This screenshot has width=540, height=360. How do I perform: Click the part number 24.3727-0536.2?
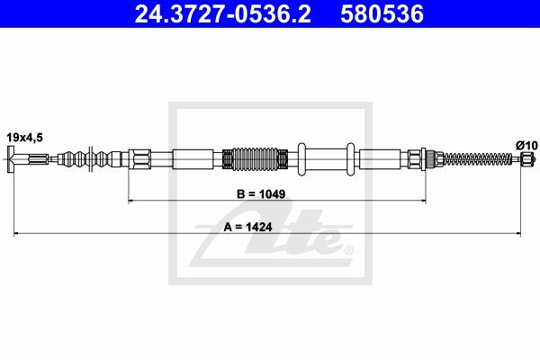pyautogui.click(x=223, y=14)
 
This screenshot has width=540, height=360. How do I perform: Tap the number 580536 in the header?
pyautogui.click(x=382, y=14)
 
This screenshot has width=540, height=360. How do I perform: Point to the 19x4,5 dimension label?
pyautogui.click(x=25, y=138)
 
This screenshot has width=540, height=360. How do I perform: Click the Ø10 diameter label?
pyautogui.click(x=526, y=146)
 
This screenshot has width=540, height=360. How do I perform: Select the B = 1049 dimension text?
pyautogui.click(x=261, y=194)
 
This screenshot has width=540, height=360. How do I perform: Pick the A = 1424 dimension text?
pyautogui.click(x=248, y=227)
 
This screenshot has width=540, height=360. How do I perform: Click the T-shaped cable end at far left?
pyautogui.click(x=10, y=159)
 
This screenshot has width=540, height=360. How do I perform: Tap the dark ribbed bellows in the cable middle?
pyautogui.click(x=256, y=159)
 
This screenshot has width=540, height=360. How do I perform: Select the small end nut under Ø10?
pyautogui.click(x=526, y=158)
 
